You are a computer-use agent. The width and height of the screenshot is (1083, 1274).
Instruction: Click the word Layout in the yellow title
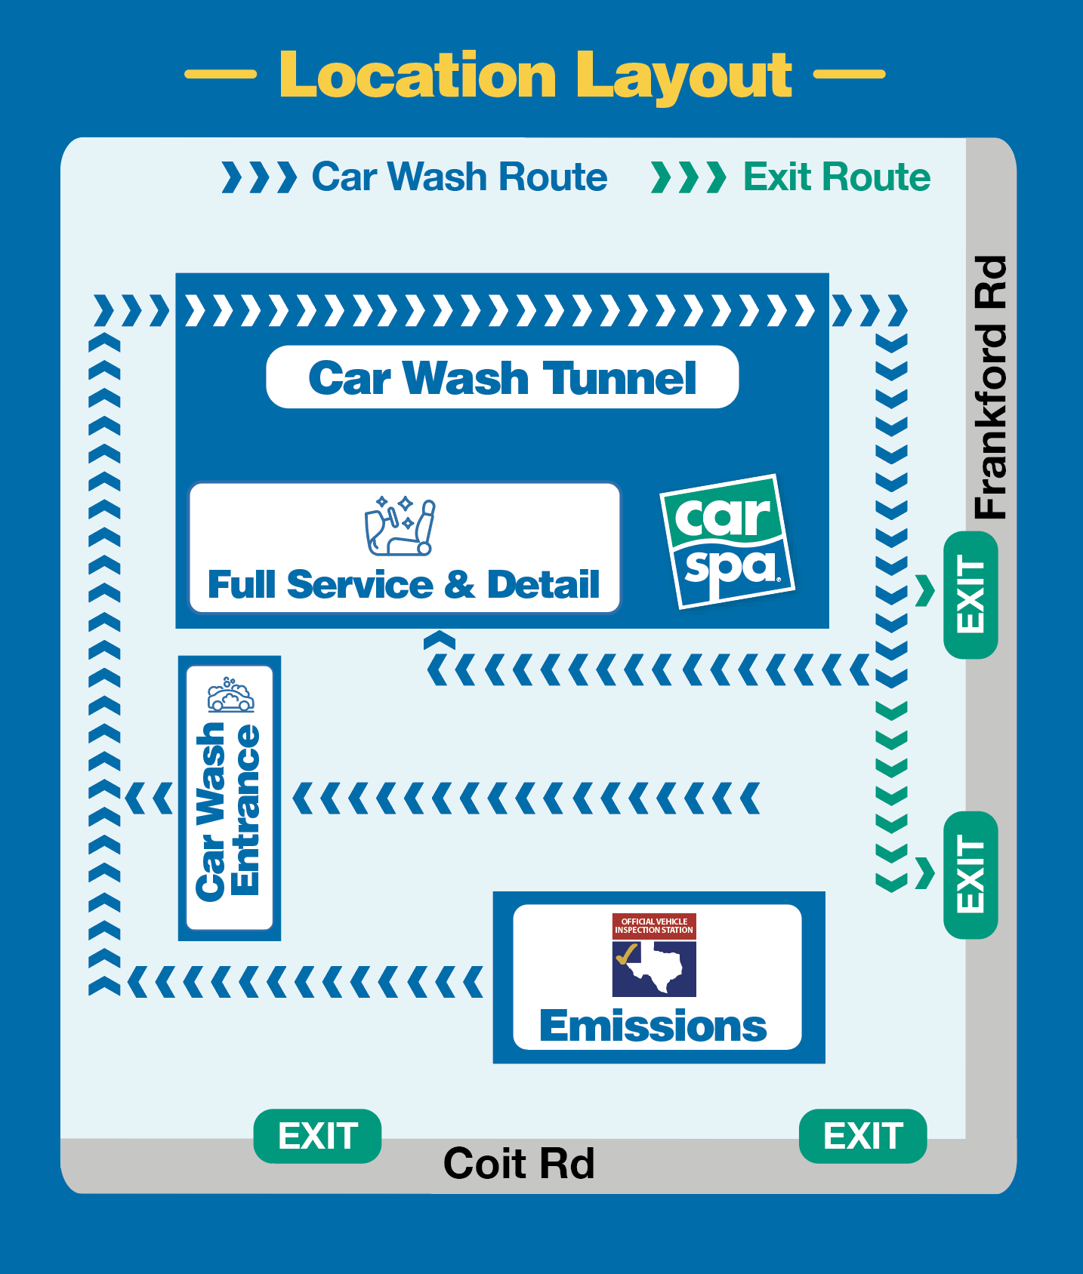[688, 76]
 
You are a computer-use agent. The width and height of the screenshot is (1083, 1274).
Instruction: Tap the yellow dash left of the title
[221, 74]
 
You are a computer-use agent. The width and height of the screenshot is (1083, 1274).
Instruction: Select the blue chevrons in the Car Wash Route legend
[258, 177]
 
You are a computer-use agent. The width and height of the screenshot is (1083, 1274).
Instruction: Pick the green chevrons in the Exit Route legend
[688, 177]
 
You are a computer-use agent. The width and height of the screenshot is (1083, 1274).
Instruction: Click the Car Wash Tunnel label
[502, 377]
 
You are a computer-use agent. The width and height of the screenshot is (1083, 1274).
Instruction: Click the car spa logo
[727, 541]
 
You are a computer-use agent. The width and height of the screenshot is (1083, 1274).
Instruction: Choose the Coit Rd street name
[519, 1163]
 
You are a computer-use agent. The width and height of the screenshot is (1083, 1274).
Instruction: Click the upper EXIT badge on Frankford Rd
[971, 595]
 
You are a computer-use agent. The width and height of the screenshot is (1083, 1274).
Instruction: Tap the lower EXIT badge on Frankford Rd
[971, 875]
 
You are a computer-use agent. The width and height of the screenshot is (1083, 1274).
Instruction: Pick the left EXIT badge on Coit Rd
[317, 1136]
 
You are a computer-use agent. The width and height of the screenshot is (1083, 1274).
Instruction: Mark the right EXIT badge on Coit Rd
[862, 1136]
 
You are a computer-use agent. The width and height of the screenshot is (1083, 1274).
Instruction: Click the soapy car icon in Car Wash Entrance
[230, 694]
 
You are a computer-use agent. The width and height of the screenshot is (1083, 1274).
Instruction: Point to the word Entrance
[245, 810]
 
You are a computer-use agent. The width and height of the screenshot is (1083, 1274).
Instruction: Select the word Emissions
[653, 1026]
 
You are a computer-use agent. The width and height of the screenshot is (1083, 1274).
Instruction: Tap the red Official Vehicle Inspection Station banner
[654, 926]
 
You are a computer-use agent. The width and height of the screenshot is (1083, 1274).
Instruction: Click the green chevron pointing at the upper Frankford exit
[925, 591]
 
